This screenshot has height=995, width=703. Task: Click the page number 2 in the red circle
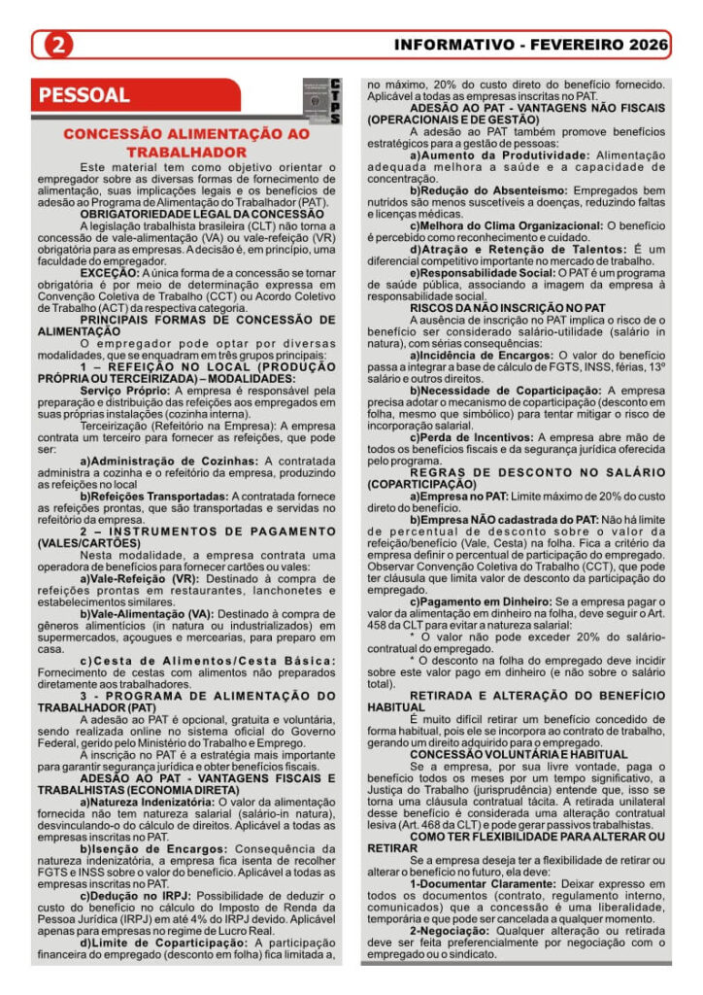pos(59,45)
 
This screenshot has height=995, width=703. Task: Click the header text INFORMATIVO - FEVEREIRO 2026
pos(531,45)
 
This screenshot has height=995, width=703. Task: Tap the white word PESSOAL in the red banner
pos(84,95)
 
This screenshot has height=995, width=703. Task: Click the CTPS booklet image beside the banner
pos(321,101)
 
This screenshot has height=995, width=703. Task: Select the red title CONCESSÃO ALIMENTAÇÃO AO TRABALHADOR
pos(186,143)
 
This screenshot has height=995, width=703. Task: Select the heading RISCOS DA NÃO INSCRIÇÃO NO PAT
pos(507,308)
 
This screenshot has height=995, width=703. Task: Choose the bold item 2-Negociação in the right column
pos(452,929)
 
